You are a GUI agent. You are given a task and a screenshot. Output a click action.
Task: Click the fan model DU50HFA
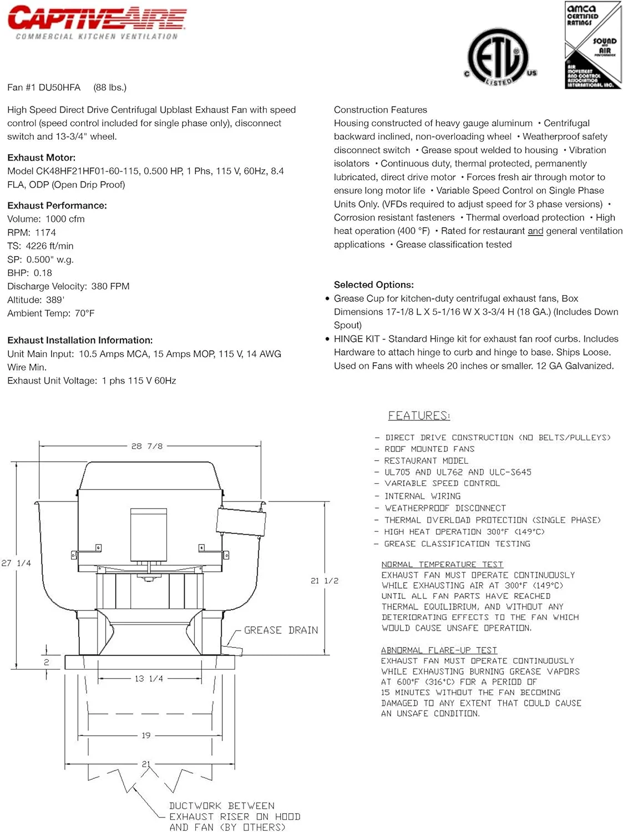click(59, 88)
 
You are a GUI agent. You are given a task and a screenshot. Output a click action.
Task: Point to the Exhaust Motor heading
click(41, 158)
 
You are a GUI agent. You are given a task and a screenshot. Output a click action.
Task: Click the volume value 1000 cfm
click(65, 219)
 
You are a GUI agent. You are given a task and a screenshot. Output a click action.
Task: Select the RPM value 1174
click(45, 232)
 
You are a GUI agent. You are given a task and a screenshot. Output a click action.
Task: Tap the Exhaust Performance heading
click(57, 205)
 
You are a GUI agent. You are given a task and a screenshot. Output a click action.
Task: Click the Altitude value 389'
click(54, 300)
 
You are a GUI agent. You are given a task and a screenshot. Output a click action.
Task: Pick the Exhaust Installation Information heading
click(80, 340)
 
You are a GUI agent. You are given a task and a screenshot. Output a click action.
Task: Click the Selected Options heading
click(373, 285)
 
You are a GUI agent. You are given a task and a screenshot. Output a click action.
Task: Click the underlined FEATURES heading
click(419, 415)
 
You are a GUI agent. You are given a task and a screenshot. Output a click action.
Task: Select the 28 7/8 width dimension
click(147, 446)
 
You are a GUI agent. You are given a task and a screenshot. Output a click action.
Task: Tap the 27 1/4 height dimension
click(16, 563)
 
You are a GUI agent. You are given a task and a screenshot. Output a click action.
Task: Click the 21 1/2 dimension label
click(325, 581)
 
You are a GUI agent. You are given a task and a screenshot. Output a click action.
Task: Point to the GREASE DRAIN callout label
click(281, 630)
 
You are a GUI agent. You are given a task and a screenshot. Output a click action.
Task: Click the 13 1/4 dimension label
click(149, 678)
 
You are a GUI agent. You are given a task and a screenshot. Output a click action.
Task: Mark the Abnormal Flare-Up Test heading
click(439, 650)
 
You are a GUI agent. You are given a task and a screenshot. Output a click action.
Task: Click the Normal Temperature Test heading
click(442, 564)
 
